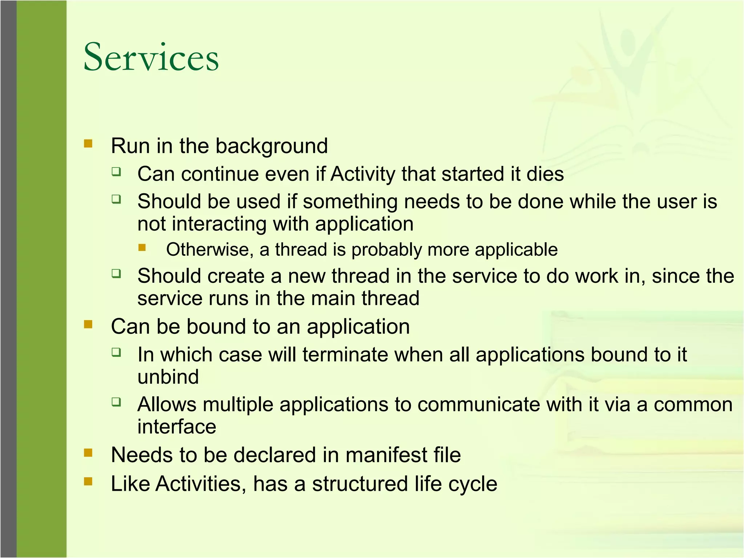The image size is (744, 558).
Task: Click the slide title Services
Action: (x=151, y=57)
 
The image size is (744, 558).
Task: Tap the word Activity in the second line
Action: (x=363, y=174)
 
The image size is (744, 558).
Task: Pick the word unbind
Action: (x=168, y=377)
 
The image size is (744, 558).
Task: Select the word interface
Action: (x=177, y=427)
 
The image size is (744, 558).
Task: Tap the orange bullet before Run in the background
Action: (x=88, y=143)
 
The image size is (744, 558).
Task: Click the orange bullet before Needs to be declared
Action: (x=88, y=453)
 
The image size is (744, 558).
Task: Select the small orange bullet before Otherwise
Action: (x=142, y=248)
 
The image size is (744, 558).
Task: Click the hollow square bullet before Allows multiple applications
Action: (x=116, y=402)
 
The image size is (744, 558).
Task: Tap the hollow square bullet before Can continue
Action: (x=116, y=171)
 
